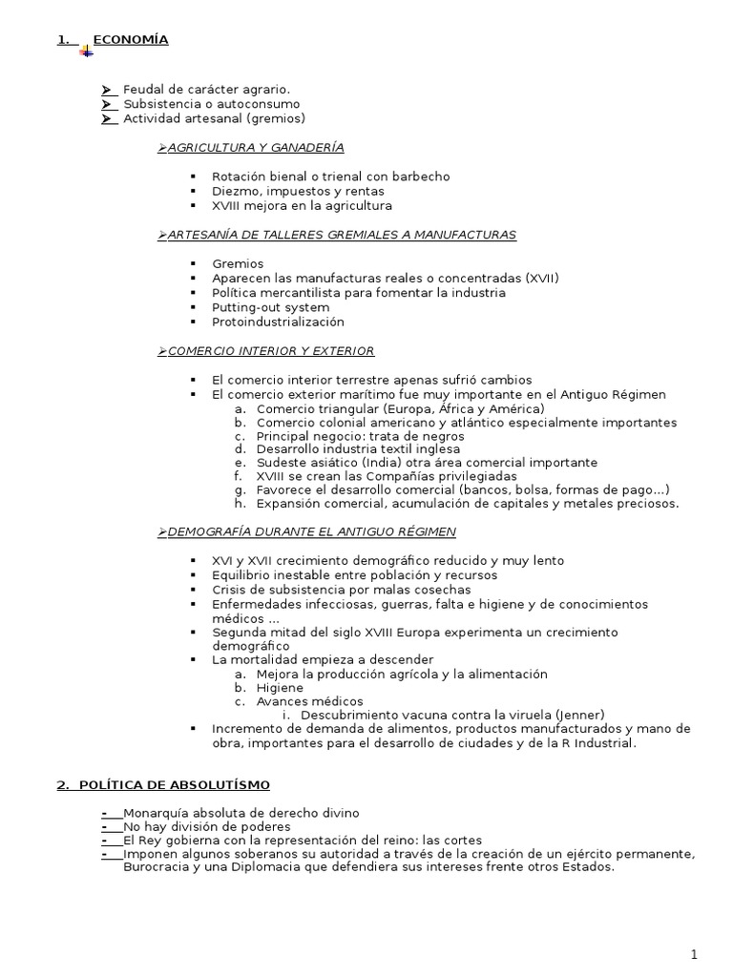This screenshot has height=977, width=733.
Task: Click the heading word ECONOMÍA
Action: pyautogui.click(x=131, y=40)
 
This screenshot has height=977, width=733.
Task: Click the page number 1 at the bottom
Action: pyautogui.click(x=695, y=955)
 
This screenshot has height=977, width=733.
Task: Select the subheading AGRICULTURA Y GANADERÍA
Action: pyautogui.click(x=255, y=148)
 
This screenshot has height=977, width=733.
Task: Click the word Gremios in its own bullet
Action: pyautogui.click(x=238, y=263)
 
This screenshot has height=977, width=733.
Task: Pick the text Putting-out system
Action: pyautogui.click(x=270, y=307)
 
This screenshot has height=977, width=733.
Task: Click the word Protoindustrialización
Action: pyautogui.click(x=278, y=322)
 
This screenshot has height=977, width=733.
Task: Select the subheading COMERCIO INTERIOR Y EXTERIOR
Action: pyautogui.click(x=270, y=351)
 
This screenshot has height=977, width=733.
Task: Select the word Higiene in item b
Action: pyautogui.click(x=280, y=688)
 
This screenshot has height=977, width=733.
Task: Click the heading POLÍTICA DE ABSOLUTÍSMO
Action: pyautogui.click(x=172, y=785)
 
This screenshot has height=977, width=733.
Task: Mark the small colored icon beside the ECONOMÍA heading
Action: pyautogui.click(x=86, y=50)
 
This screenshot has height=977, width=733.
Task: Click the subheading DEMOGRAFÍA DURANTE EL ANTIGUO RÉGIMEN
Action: pyautogui.click(x=311, y=531)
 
